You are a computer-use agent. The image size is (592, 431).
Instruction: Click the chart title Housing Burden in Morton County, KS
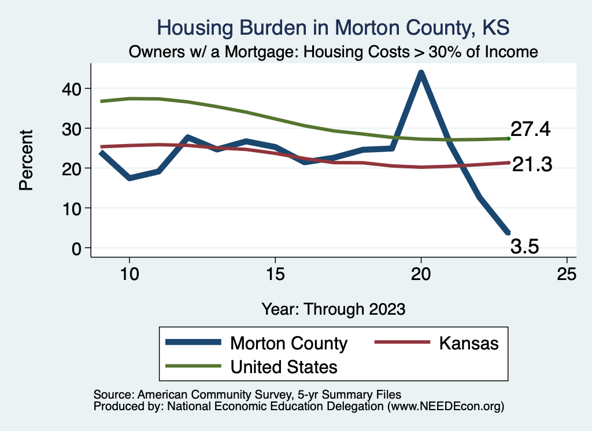click(x=333, y=28)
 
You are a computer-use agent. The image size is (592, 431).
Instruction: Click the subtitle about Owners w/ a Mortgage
click(x=333, y=52)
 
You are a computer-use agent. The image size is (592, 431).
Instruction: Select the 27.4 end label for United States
click(x=530, y=129)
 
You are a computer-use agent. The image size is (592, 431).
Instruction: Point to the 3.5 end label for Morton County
click(x=525, y=248)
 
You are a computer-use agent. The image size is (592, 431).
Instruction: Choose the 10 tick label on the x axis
click(x=129, y=274)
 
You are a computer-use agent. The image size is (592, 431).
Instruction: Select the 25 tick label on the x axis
click(x=567, y=274)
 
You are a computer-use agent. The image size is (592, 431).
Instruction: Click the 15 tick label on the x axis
click(x=275, y=274)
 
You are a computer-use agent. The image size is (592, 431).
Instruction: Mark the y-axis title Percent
click(x=26, y=168)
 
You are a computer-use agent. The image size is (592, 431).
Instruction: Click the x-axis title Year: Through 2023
click(x=333, y=308)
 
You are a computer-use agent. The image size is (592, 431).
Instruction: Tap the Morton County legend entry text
click(x=288, y=343)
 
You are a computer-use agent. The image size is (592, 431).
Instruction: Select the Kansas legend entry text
click(x=468, y=343)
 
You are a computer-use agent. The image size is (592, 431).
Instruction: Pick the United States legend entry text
click(x=284, y=366)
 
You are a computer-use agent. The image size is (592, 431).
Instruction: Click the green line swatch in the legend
click(x=194, y=366)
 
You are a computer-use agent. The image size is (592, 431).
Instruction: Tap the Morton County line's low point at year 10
click(x=129, y=178)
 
